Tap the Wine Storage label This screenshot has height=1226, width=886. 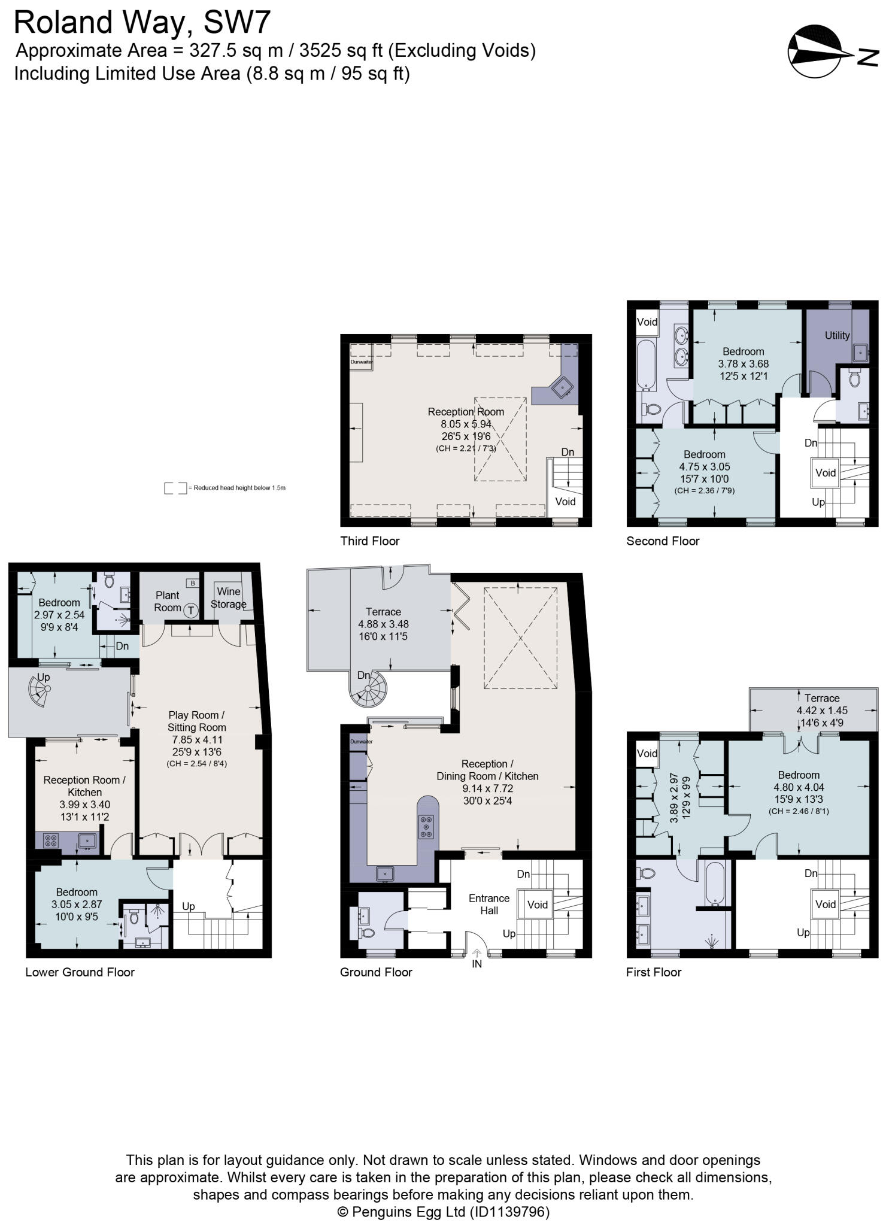click(x=228, y=597)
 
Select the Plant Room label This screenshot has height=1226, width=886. click(x=168, y=601)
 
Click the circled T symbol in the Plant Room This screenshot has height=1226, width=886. click(x=190, y=611)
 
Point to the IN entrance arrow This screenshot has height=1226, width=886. click(x=477, y=954)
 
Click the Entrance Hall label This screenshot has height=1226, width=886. click(x=488, y=904)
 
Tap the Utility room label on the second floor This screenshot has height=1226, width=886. click(x=837, y=335)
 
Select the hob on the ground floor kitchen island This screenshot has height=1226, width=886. click(x=426, y=827)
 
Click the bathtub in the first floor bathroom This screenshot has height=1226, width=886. click(x=716, y=884)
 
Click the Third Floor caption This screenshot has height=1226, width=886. click(x=369, y=541)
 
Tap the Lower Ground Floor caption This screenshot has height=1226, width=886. click(x=80, y=972)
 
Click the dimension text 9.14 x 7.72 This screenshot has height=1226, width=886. click(x=487, y=788)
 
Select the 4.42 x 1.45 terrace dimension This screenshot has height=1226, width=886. click(x=822, y=711)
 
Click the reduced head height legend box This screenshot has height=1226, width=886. click(x=175, y=488)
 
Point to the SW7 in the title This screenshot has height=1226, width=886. click(x=237, y=23)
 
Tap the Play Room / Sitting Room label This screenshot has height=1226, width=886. click(x=196, y=721)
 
